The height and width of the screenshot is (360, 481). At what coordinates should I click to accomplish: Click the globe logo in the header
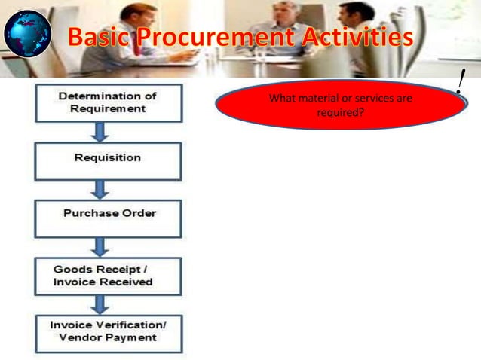[x=28, y=35]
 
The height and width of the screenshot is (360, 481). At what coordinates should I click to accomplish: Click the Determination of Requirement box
[x=107, y=102]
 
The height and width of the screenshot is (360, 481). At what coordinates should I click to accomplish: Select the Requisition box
[x=107, y=160]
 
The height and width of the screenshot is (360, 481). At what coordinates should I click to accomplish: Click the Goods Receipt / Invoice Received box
[x=107, y=276]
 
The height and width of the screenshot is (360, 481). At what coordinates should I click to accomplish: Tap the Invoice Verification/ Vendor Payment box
[x=108, y=332]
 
